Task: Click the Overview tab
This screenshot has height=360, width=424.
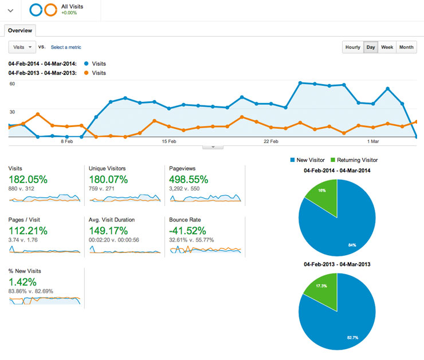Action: pyautogui.click(x=20, y=30)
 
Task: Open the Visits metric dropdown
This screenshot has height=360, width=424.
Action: pyautogui.click(x=22, y=47)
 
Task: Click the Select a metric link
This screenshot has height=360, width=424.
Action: pyautogui.click(x=66, y=47)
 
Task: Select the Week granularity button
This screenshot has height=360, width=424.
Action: pyautogui.click(x=387, y=47)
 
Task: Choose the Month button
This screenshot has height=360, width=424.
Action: pyautogui.click(x=406, y=47)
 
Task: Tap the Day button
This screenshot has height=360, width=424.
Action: pyautogui.click(x=371, y=47)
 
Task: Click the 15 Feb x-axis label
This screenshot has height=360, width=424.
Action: pyautogui.click(x=168, y=141)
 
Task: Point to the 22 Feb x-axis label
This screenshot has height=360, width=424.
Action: pyautogui.click(x=270, y=141)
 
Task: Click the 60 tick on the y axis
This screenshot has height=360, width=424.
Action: pyautogui.click(x=11, y=84)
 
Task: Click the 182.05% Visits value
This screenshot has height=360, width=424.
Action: pyautogui.click(x=28, y=179)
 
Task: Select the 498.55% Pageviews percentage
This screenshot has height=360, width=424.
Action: pyautogui.click(x=189, y=179)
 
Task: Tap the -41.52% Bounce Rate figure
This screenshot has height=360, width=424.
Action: pyautogui.click(x=188, y=231)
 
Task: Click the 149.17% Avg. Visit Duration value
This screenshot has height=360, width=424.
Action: pyautogui.click(x=108, y=231)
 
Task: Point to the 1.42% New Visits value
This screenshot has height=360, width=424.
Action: pyautogui.click(x=22, y=282)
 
